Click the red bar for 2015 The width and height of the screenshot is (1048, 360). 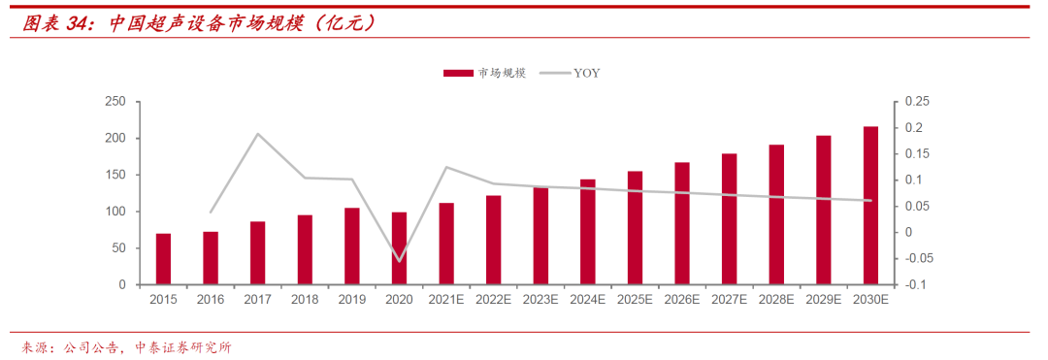click(x=163, y=259)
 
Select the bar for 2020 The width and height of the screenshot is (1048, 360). click(x=399, y=248)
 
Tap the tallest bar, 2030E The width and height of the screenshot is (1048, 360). click(x=870, y=206)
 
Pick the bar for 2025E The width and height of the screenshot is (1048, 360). click(x=635, y=228)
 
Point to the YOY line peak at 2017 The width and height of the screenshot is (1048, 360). click(x=257, y=134)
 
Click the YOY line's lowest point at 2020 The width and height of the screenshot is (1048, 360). click(x=399, y=261)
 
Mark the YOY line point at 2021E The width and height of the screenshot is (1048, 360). click(x=446, y=167)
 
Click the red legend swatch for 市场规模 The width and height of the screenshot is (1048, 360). click(x=458, y=74)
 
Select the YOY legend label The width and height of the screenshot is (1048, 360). click(x=586, y=74)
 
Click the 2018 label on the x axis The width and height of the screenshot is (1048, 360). click(x=305, y=300)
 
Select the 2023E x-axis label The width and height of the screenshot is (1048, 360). click(x=540, y=300)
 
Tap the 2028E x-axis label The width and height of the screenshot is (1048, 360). click(x=776, y=300)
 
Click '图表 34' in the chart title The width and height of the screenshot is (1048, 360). click(x=56, y=24)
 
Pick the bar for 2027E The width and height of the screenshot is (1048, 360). click(x=729, y=219)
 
